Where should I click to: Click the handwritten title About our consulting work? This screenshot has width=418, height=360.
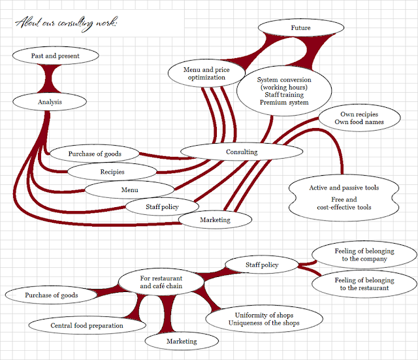click(x=66, y=24)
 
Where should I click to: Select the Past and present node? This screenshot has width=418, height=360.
click(x=56, y=56)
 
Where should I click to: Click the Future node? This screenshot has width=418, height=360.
click(x=300, y=29)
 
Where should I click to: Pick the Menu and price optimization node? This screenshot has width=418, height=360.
click(x=206, y=73)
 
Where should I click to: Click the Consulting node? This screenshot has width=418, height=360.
click(x=242, y=152)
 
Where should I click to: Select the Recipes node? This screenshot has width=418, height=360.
click(x=112, y=172)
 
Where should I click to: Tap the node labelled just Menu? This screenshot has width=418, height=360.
click(x=129, y=190)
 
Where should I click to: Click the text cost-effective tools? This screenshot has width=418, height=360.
click(x=344, y=208)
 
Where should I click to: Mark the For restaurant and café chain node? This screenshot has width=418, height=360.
click(x=161, y=283)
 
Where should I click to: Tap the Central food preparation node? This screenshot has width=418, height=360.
click(x=87, y=325)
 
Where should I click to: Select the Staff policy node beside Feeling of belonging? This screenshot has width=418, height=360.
click(x=261, y=265)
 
